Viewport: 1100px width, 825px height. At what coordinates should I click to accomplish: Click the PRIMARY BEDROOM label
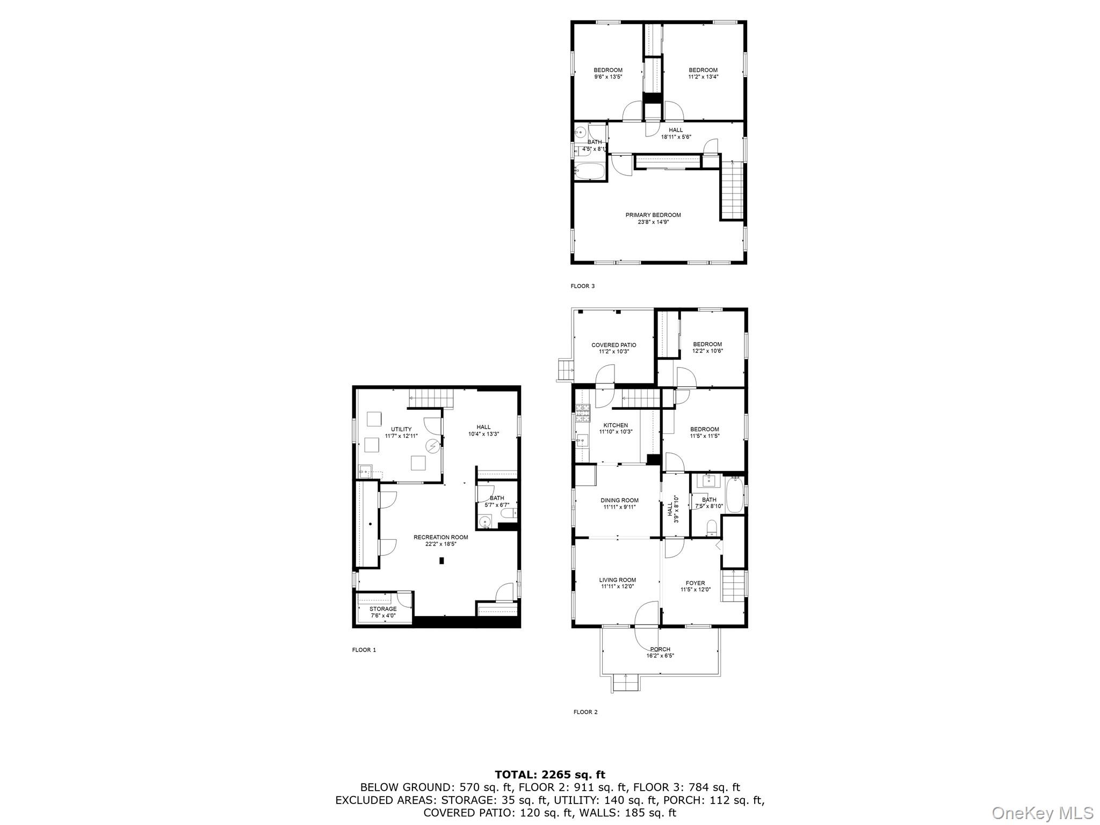click(653, 215)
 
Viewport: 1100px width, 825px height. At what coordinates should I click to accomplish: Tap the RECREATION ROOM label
click(440, 537)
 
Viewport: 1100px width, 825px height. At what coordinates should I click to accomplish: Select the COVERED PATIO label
click(613, 345)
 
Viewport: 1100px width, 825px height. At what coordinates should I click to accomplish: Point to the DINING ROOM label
click(619, 501)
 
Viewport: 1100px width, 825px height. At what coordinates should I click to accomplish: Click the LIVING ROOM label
click(617, 580)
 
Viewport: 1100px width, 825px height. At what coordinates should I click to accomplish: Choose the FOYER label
click(695, 583)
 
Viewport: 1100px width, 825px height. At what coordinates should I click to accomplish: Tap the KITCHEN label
click(615, 425)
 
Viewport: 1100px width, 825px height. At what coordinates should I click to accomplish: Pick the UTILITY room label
click(401, 429)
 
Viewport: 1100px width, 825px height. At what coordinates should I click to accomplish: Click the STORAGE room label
click(382, 609)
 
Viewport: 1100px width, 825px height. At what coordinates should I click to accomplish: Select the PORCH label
click(660, 649)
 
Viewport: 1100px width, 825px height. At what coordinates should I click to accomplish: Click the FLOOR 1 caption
click(364, 650)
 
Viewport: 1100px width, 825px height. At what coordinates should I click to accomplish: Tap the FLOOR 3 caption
click(582, 286)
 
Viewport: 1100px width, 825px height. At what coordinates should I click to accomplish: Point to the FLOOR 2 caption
click(585, 712)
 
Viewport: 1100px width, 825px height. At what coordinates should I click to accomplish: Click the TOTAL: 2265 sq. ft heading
click(549, 775)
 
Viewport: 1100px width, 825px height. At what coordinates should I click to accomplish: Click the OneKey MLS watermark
click(1042, 813)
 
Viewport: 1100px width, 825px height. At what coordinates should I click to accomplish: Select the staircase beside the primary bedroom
click(732, 191)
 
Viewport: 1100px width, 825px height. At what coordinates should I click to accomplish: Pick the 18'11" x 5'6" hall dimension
click(676, 137)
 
